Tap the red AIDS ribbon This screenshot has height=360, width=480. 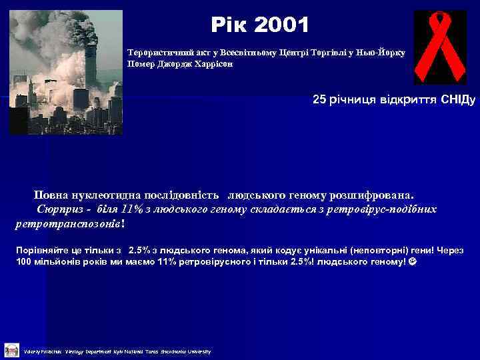coord(439,47)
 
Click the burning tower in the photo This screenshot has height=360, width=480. coord(89,53)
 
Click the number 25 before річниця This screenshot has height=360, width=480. coord(319,100)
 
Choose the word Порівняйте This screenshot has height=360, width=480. coord(39,250)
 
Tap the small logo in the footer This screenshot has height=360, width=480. coord(11,350)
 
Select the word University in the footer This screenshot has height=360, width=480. coord(199,351)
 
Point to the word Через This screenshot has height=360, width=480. coord(451,250)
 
